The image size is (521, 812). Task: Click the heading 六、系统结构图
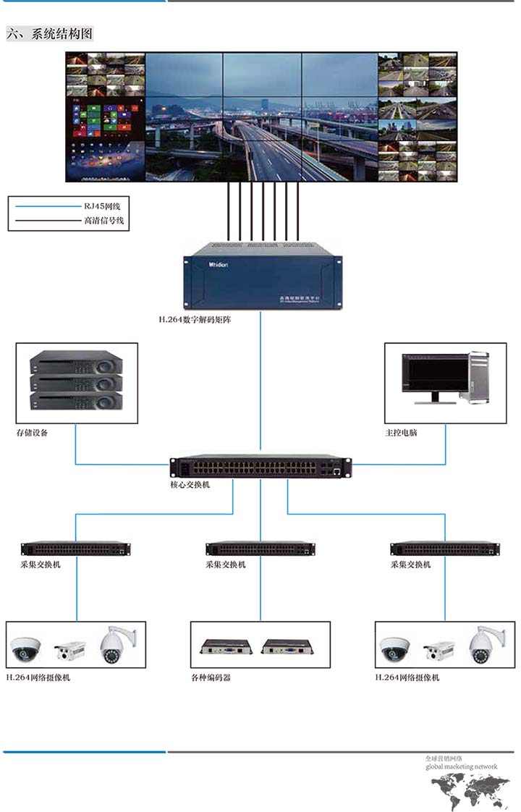pyautogui.click(x=49, y=33)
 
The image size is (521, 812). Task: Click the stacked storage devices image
pyautogui.click(x=76, y=382)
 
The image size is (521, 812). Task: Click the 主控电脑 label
pyautogui.click(x=401, y=433)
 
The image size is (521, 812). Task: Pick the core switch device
pyautogui.click(x=260, y=467)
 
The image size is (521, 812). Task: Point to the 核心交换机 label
pyautogui.click(x=190, y=484)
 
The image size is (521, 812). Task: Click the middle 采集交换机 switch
pyautogui.click(x=260, y=549)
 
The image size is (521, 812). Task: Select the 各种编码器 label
pyautogui.click(x=211, y=677)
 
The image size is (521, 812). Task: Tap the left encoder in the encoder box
pyautogui.click(x=227, y=646)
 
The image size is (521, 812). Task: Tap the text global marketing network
pyautogui.click(x=461, y=766)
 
